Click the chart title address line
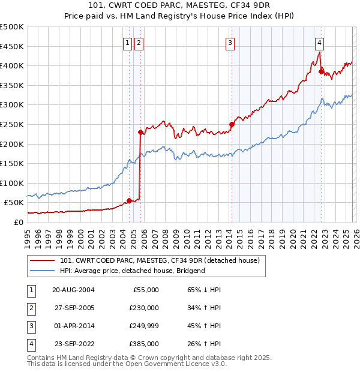tap(179, 7)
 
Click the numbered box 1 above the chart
tap(128, 43)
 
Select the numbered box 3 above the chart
tap(230, 43)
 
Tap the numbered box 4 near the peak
tap(320, 43)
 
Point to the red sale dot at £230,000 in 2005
tap(140, 132)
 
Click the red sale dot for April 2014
tap(231, 124)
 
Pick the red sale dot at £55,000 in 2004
tap(129, 200)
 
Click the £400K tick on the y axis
tap(12, 66)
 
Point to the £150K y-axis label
tap(12, 163)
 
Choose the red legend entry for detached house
tap(159, 261)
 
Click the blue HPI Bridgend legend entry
tap(132, 271)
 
